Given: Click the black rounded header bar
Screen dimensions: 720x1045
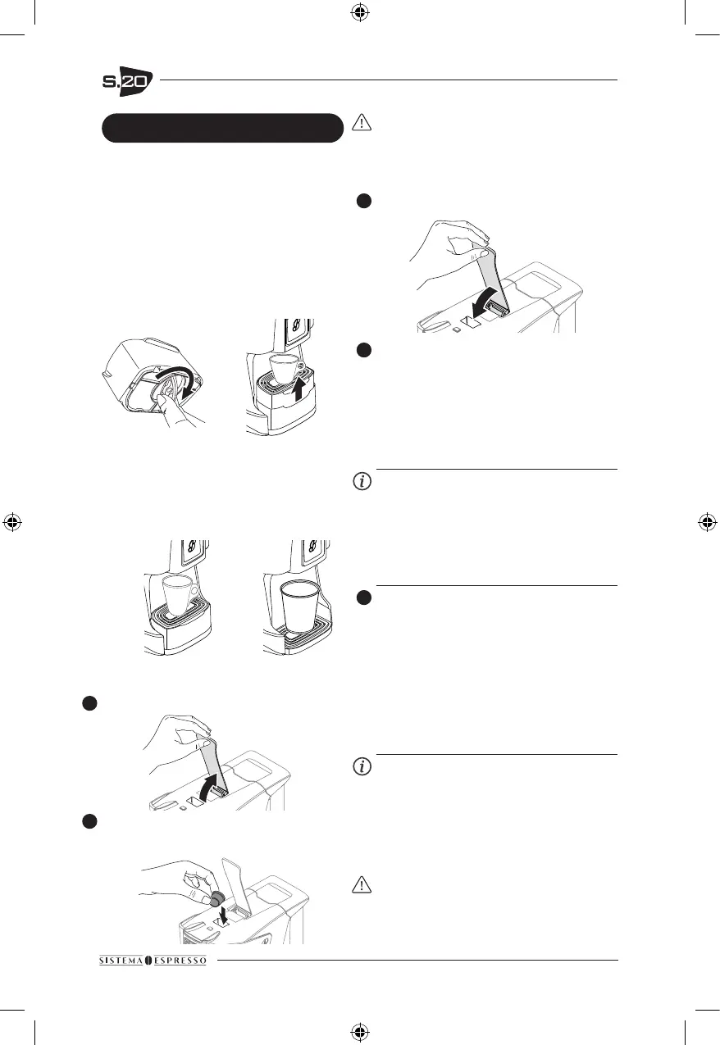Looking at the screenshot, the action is click(221, 128).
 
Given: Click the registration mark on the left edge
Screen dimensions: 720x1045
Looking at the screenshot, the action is click(12, 522).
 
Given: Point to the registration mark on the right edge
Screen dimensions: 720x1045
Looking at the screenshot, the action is click(707, 522).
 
